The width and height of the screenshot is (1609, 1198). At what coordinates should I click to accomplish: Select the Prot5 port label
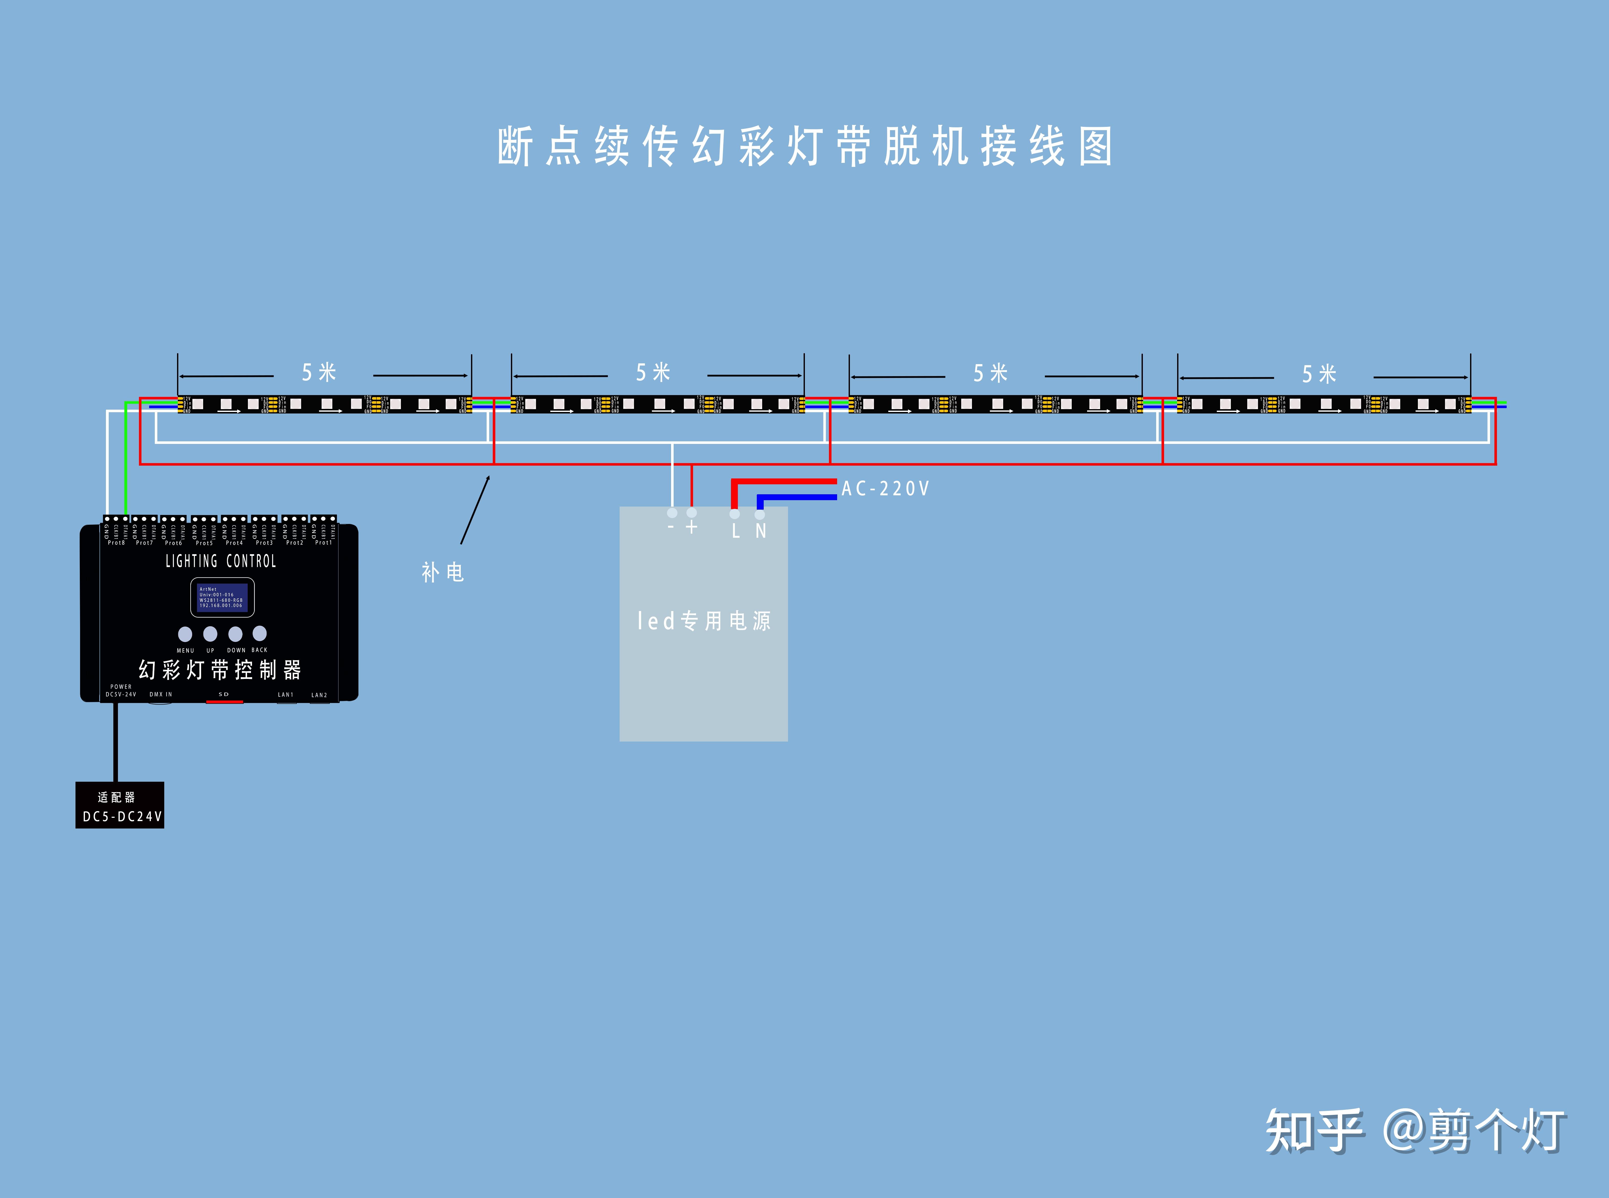click(x=204, y=542)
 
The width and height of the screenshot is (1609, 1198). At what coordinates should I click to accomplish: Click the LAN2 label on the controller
click(x=319, y=695)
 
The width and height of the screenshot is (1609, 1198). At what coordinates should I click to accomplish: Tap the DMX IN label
click(x=160, y=694)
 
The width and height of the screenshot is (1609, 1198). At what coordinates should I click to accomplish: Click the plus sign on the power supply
click(x=691, y=527)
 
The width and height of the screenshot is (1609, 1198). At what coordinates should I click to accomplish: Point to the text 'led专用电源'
click(x=704, y=621)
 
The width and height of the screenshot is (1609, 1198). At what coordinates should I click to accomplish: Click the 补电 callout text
click(x=443, y=572)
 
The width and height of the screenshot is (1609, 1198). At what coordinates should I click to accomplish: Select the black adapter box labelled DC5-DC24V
click(x=120, y=805)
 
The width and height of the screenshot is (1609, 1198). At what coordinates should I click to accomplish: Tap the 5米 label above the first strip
click(x=319, y=373)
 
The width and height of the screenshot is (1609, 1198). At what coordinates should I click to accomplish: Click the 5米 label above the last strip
click(x=1319, y=374)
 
